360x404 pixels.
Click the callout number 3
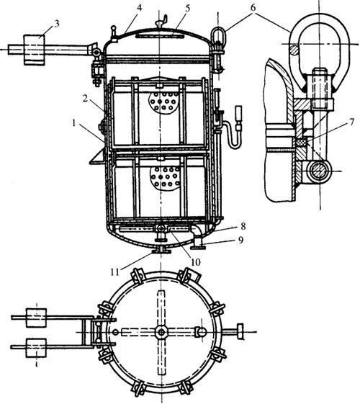coord(57,24)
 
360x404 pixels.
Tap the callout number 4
coord(139,8)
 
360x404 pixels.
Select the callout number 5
coord(187,8)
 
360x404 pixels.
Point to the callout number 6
coord(253,8)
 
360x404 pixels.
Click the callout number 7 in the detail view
coord(352,122)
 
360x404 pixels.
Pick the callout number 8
coord(243,226)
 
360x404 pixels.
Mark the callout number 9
coord(240,240)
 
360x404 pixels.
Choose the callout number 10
coord(196,262)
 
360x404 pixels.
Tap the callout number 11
coord(115,271)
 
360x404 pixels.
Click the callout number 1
coord(74,123)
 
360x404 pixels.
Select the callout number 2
coord(86,99)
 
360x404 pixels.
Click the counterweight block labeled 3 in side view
coord(34,50)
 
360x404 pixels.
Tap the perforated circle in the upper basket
coord(163,102)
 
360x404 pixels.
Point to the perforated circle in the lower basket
coord(165,178)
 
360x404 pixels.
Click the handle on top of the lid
coord(162,22)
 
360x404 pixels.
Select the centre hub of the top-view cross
coord(161,332)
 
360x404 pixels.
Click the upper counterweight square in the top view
coord(36,318)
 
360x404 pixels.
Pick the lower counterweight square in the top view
coord(36,348)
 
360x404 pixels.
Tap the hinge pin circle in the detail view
coord(319,171)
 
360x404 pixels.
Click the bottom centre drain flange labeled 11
coord(161,251)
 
